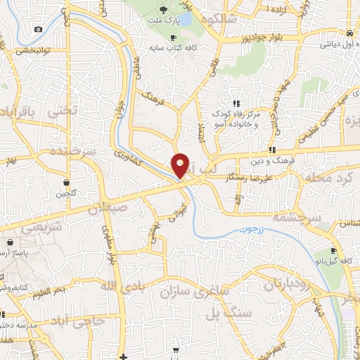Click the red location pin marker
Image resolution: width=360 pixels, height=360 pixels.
[x=181, y=165]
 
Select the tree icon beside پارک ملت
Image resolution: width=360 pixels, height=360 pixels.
[x=163, y=10]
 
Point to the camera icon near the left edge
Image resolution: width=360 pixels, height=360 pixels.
[x=38, y=29]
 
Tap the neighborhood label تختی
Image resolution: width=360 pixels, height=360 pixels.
[x=60, y=111]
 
